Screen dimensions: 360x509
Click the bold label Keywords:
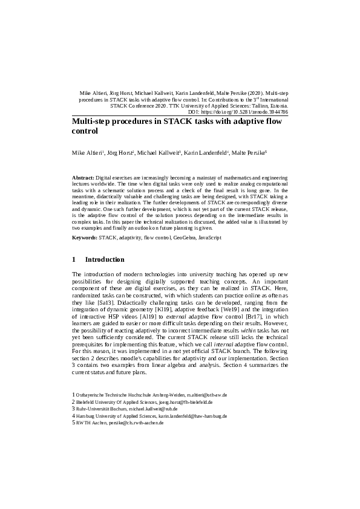pos(85,238)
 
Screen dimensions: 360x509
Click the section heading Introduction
pos(105,260)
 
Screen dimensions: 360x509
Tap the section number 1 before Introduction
pos(74,260)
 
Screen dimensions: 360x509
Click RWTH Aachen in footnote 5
pos(91,423)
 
